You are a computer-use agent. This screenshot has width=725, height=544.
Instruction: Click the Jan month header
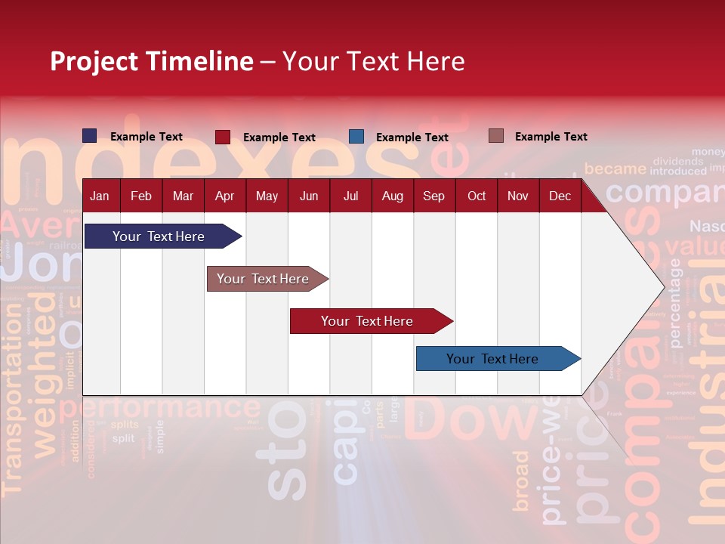tap(100, 196)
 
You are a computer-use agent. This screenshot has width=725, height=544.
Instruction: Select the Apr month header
tap(224, 196)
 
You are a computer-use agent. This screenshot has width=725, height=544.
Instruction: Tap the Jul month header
tap(350, 196)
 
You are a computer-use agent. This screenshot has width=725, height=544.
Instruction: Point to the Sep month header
tap(433, 196)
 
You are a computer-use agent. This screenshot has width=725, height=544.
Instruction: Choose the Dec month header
tap(560, 196)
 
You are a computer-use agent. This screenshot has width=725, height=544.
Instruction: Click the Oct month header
tap(477, 196)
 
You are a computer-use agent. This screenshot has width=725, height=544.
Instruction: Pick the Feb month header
tap(141, 196)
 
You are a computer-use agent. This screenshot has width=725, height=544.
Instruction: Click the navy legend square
tap(90, 136)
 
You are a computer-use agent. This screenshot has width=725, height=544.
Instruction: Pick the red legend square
tap(223, 137)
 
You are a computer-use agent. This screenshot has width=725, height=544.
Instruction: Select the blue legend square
tap(356, 137)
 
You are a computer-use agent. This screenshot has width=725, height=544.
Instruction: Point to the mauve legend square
tap(495, 136)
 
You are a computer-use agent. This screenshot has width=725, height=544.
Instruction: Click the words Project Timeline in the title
tap(152, 61)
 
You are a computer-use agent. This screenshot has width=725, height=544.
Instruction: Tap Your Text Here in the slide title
tap(374, 61)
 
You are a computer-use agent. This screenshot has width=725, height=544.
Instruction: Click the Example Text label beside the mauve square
tap(551, 137)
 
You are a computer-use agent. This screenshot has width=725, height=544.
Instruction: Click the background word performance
tap(160, 408)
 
